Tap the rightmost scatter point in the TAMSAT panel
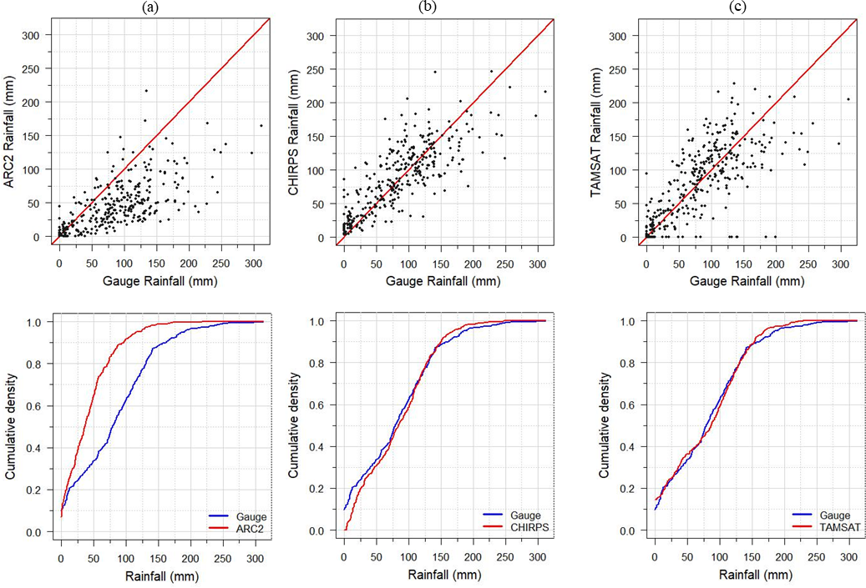tap(848, 99)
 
